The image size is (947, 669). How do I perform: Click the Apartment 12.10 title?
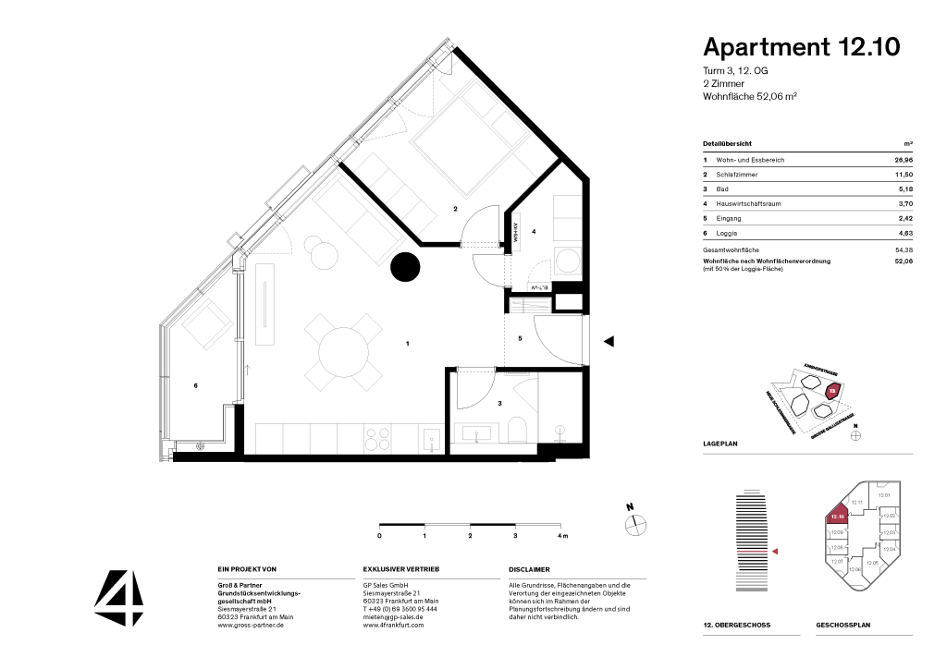[801, 47]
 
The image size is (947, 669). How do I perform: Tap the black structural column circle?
[405, 267]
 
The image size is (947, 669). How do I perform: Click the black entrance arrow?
[609, 342]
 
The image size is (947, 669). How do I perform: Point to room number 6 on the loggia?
[196, 385]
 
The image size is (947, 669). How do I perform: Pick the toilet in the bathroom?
[517, 429]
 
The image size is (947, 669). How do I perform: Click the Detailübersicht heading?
[727, 144]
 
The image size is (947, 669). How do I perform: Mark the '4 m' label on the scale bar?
[562, 536]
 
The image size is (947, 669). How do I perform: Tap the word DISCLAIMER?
[529, 570]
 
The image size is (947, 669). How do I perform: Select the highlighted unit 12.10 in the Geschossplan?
[838, 517]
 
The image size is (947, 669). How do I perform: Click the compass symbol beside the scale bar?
[634, 523]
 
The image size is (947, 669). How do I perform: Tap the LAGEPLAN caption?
[720, 444]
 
